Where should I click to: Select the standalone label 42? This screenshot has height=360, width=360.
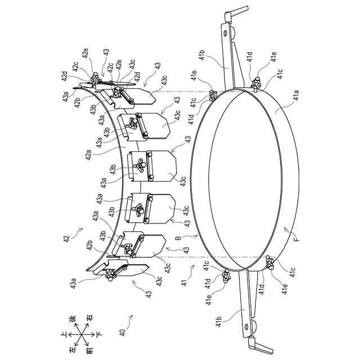click(66, 237)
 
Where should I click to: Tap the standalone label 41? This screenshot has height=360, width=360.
click(184, 281)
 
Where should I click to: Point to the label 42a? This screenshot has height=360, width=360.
click(88, 155)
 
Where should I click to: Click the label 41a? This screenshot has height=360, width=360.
click(296, 95)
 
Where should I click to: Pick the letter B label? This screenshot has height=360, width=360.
click(178, 238)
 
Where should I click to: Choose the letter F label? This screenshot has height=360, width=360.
click(297, 240)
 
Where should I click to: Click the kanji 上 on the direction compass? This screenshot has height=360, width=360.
click(63, 334)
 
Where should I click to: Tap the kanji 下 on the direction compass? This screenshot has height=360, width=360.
click(99, 334)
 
